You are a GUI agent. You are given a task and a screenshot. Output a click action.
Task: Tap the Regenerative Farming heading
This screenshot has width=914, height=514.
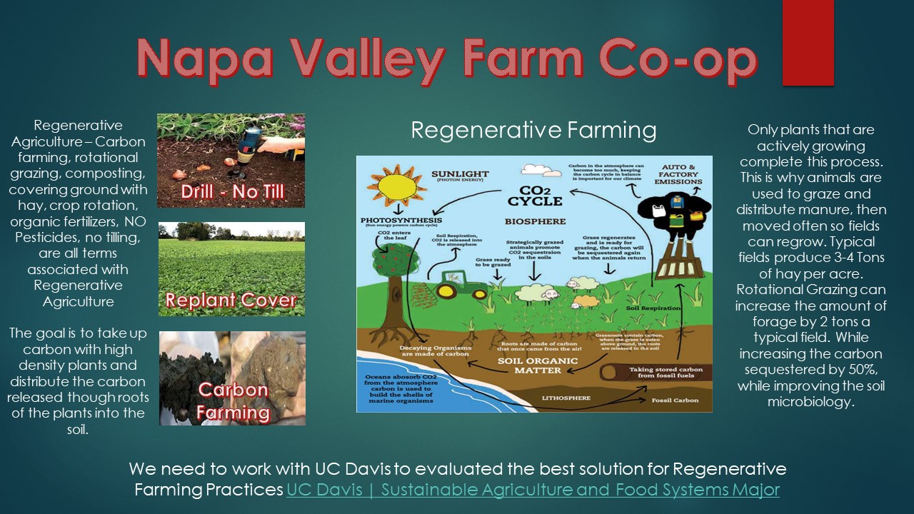pos(533,130)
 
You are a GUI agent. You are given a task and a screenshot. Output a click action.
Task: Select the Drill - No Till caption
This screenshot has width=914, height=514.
pos(231,191)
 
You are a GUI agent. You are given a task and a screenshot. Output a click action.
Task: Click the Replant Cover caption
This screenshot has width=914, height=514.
pos(231,300)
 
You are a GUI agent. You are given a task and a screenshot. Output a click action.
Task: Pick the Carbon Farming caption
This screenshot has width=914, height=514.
pos(233,401)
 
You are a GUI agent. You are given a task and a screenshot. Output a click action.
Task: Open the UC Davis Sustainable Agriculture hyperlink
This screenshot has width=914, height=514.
pos(533,490)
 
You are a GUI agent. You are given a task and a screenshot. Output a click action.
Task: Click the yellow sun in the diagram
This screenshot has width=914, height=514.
pos(391,186)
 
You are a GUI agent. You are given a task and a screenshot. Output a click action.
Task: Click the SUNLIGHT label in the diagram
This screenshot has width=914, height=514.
pos(460,173)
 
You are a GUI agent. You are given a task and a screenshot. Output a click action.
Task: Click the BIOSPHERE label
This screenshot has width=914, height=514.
pos(535,221)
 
